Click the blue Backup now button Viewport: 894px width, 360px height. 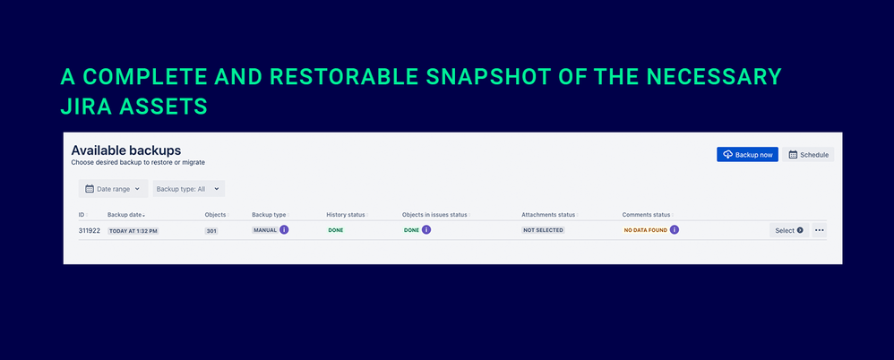(747, 154)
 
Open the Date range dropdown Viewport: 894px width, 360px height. (113, 189)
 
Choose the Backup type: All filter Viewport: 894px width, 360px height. (189, 189)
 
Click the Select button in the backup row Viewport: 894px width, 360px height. (788, 230)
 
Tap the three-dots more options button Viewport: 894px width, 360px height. (820, 230)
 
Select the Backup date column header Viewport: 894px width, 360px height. (126, 215)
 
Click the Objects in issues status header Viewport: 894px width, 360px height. (434, 215)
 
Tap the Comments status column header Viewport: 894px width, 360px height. (646, 215)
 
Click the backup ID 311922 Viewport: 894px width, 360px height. (90, 231)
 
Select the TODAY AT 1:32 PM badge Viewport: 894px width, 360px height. (133, 231)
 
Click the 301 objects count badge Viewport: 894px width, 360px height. (211, 231)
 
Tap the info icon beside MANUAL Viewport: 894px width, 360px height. (284, 230)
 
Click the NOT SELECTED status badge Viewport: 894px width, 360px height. (543, 230)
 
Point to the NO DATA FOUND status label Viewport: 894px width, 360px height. (645, 230)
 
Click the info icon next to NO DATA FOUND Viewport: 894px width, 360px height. (675, 230)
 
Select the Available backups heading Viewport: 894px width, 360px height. (126, 150)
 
